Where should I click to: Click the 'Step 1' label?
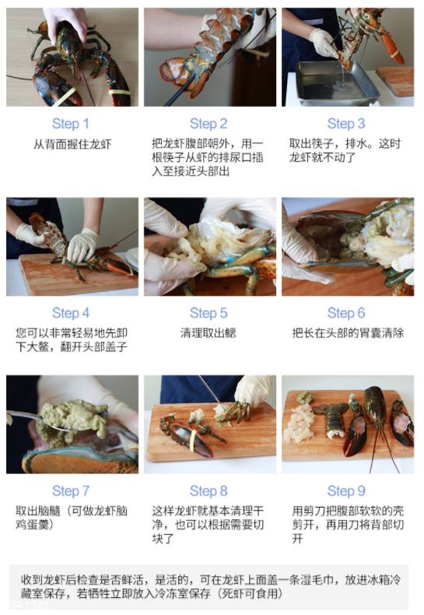click(71, 124)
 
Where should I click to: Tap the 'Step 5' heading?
click(208, 313)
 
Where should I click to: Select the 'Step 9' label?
click(346, 491)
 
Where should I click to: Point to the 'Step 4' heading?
click(71, 313)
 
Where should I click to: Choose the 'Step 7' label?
click(71, 491)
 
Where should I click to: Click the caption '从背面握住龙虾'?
click(72, 145)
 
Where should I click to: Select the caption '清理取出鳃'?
click(208, 333)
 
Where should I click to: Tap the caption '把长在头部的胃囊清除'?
click(347, 333)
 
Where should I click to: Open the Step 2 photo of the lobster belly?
click(209, 57)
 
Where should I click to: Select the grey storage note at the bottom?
click(212, 586)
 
